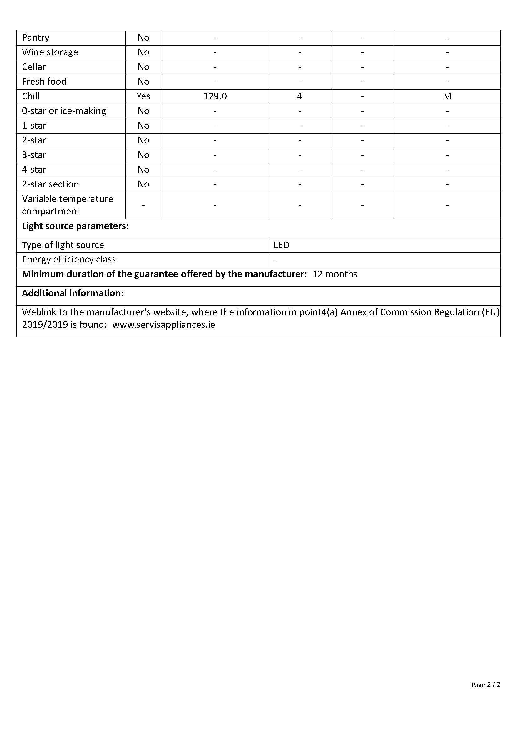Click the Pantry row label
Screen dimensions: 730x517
[x=36, y=37]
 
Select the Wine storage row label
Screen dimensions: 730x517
[x=50, y=52]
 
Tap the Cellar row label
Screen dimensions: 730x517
[x=34, y=67]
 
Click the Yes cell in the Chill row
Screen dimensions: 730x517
[x=143, y=96]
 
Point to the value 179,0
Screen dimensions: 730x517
[x=215, y=96]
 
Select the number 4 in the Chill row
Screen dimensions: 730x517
[x=299, y=96]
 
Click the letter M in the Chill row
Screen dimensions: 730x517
[x=447, y=96]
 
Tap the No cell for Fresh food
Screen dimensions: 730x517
[x=143, y=81]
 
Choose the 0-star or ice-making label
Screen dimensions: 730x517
[x=64, y=111]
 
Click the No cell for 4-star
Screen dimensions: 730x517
[x=143, y=169]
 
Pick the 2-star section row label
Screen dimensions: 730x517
[x=50, y=184]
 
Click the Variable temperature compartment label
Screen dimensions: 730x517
[x=68, y=205]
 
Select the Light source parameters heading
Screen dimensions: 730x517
[x=75, y=226]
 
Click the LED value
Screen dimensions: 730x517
[x=281, y=245]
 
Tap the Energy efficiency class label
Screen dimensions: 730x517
[x=69, y=259]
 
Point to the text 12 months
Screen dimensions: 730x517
[x=334, y=274]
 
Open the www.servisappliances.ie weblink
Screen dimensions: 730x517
[x=163, y=325]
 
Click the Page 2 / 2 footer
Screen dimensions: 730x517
[x=486, y=684]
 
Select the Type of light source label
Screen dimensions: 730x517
[x=63, y=245]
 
